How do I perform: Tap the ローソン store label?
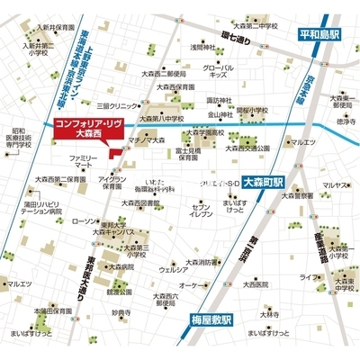pyautogui.click(x=81, y=220)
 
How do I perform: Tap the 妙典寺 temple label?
pyautogui.click(x=121, y=312)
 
